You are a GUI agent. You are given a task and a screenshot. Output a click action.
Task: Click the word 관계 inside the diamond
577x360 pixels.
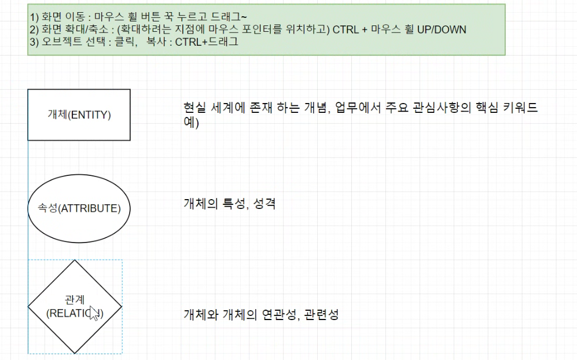click(75, 300)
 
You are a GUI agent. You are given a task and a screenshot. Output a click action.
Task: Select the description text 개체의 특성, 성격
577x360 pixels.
click(229, 203)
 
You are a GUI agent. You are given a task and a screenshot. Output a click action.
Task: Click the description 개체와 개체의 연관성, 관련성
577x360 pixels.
click(260, 315)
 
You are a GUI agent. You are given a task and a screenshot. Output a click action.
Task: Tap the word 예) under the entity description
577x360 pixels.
click(192, 123)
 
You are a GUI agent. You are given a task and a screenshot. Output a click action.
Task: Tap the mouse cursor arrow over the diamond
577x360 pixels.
click(94, 317)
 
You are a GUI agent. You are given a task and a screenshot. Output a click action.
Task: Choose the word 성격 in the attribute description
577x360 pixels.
click(265, 203)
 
